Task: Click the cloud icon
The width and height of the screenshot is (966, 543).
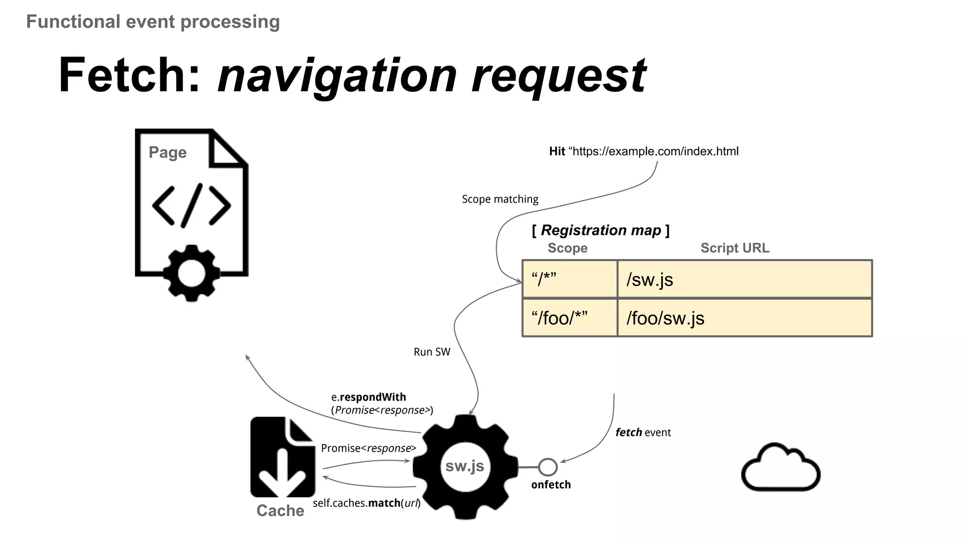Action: (x=781, y=468)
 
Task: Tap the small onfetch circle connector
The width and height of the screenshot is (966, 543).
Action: (x=548, y=467)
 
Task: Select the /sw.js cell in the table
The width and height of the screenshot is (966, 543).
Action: (x=744, y=280)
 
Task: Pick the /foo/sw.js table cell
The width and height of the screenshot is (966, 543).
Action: (x=744, y=318)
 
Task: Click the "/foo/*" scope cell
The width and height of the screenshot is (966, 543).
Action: (x=569, y=318)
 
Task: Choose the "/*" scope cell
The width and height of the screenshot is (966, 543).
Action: (x=569, y=280)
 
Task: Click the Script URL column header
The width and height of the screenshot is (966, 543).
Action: (x=734, y=248)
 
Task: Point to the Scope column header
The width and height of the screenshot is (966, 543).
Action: (x=567, y=248)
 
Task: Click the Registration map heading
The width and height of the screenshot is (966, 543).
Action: (x=600, y=230)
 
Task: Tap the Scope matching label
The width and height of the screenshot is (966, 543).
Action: (x=500, y=199)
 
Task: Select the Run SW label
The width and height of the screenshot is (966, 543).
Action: (x=432, y=352)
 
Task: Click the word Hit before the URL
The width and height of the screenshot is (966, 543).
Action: (x=557, y=151)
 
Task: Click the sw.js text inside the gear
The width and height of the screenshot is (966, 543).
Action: (x=465, y=466)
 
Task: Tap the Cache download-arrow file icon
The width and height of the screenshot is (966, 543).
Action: (x=282, y=457)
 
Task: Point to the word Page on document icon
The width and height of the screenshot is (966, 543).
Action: (x=167, y=153)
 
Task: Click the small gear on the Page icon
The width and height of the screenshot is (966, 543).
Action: (x=191, y=273)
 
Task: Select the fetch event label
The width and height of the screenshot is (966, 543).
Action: (x=643, y=432)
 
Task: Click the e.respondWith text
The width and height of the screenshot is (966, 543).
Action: (x=368, y=397)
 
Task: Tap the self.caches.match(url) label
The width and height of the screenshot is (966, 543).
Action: (x=366, y=503)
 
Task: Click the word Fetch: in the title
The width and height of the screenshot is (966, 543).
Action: (x=130, y=75)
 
